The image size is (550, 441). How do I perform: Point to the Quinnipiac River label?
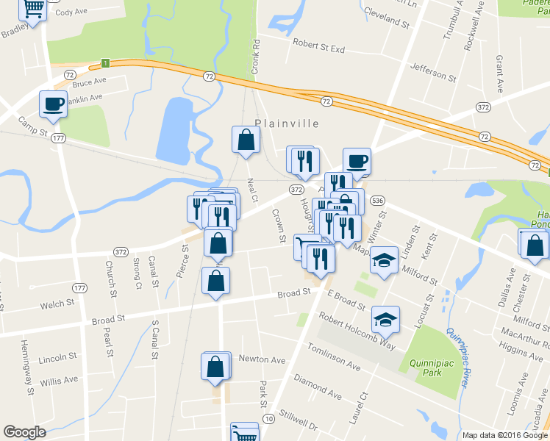(x=458, y=356)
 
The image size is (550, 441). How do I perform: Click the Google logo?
(x=24, y=432)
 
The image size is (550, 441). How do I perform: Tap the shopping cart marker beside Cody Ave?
(x=33, y=9)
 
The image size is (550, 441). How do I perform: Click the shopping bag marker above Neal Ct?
(x=246, y=139)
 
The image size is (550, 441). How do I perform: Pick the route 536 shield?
(x=378, y=201)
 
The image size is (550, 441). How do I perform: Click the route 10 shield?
(x=270, y=419)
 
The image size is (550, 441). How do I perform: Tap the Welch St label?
(x=57, y=303)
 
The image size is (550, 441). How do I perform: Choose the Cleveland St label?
(x=385, y=20)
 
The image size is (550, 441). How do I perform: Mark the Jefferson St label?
(x=433, y=73)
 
